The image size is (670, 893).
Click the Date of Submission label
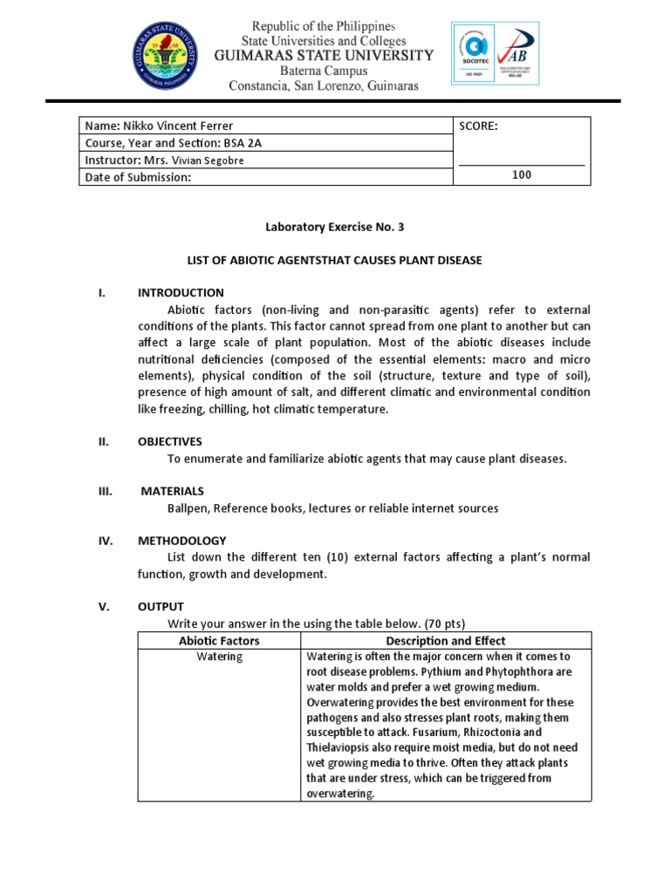(137, 177)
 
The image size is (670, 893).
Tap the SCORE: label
(478, 126)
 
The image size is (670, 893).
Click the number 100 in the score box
(521, 175)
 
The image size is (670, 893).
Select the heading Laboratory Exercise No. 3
(335, 227)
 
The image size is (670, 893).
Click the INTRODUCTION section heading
(181, 293)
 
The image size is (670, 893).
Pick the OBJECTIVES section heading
(170, 441)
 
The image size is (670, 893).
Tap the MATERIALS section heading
(173, 491)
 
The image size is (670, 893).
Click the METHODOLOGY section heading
(181, 541)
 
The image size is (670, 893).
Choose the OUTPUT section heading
(161, 606)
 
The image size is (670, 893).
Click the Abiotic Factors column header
(219, 641)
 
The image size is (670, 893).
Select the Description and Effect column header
(446, 641)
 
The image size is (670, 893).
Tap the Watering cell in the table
(219, 657)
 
